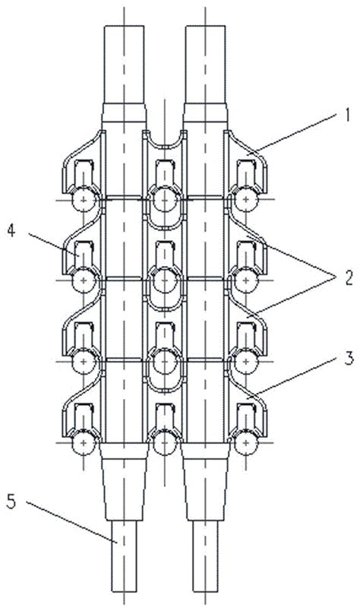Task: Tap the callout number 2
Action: pos(348,279)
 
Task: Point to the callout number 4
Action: pos(11,232)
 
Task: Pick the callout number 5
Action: pos(11,502)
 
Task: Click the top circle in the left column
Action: pos(84,200)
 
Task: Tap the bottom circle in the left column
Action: pos(84,443)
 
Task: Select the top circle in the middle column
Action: pos(165,200)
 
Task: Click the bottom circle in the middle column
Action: pos(165,443)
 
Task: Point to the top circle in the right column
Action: pos(246,200)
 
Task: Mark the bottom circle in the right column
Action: pos(246,443)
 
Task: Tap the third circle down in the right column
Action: pos(246,362)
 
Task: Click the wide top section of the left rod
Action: pos(125,65)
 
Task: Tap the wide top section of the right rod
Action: pos(205,65)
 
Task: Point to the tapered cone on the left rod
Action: pos(125,482)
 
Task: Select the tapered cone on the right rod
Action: pos(205,482)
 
